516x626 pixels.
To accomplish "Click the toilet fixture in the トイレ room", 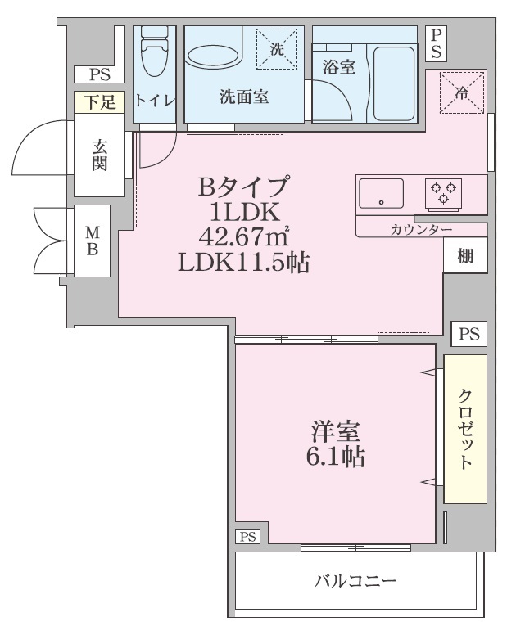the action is (155, 50).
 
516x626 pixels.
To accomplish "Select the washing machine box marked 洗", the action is (277, 49).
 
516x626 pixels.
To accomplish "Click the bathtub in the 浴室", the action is (394, 83).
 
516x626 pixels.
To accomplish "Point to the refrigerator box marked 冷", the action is (462, 92).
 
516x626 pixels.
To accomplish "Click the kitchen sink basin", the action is (381, 194).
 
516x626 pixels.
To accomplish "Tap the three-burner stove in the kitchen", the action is (443, 194).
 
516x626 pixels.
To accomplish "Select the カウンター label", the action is (421, 230).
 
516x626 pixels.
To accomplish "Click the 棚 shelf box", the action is (465, 255).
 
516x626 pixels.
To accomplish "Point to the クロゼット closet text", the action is (465, 428).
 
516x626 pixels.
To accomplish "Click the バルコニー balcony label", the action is (355, 580).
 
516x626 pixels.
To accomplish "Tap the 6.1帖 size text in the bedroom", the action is (336, 457).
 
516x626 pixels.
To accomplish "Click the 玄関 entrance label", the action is (100, 155).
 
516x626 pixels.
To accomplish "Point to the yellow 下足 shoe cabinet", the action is (100, 102).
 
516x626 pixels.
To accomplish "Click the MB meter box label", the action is (93, 241).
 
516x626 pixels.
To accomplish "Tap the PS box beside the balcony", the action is (248, 537).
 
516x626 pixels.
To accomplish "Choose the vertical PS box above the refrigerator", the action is (436, 43).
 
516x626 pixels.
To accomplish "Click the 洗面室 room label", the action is (244, 97).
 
